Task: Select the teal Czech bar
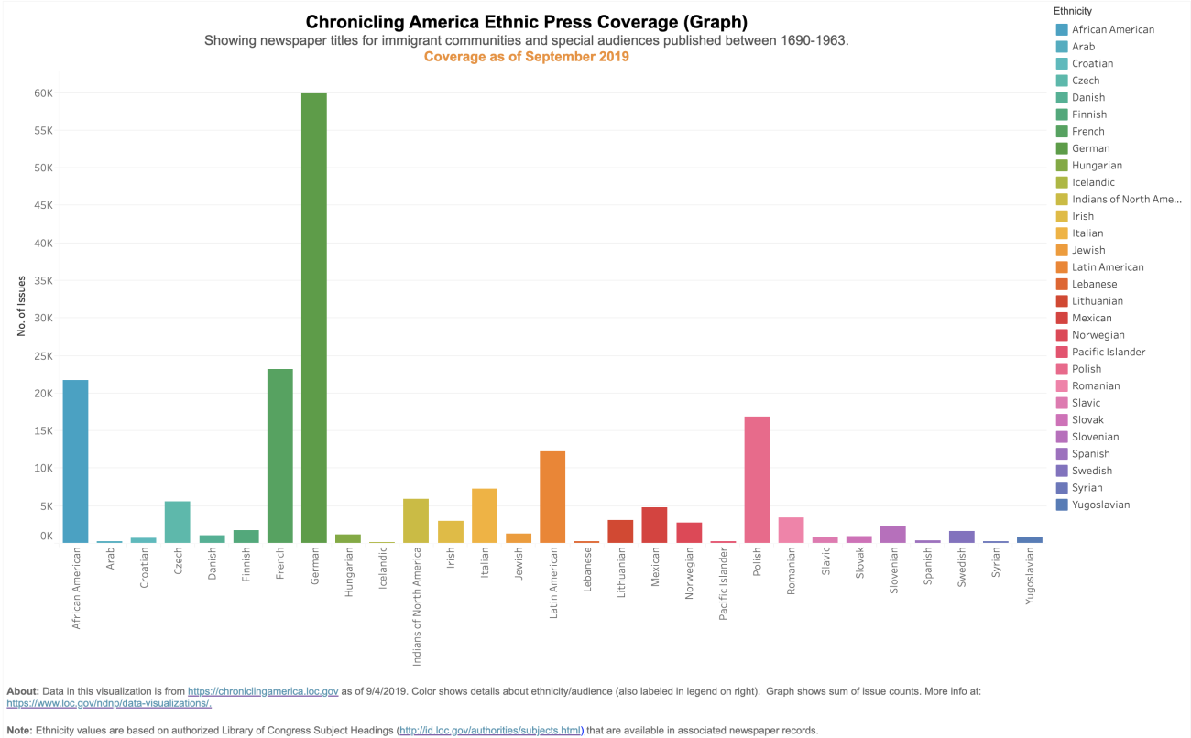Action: (178, 522)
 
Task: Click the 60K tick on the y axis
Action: (44, 93)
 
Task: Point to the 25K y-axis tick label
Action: (44, 356)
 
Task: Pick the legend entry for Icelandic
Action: (1093, 182)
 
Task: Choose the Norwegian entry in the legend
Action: (1098, 335)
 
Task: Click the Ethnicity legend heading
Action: (1072, 11)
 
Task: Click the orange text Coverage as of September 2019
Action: (526, 57)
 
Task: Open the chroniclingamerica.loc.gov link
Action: (263, 691)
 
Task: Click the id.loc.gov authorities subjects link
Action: (489, 731)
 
